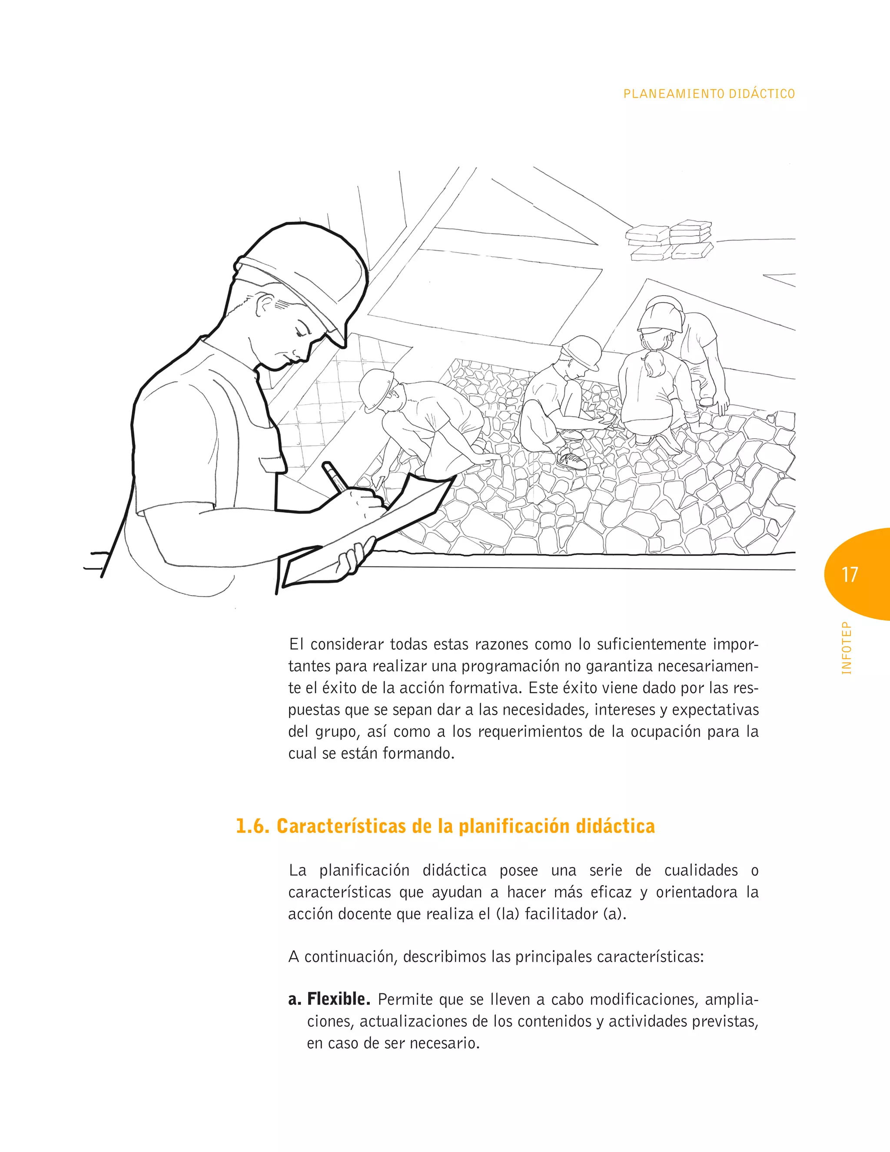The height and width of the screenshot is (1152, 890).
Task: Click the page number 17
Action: tap(850, 574)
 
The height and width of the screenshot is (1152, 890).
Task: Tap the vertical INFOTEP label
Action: tap(846, 648)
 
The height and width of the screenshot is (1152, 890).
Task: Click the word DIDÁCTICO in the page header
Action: tap(762, 94)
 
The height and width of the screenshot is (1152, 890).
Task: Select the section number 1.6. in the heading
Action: tap(252, 826)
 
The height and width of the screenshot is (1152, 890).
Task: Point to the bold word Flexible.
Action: tap(339, 999)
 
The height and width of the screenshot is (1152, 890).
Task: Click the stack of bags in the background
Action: tap(670, 240)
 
